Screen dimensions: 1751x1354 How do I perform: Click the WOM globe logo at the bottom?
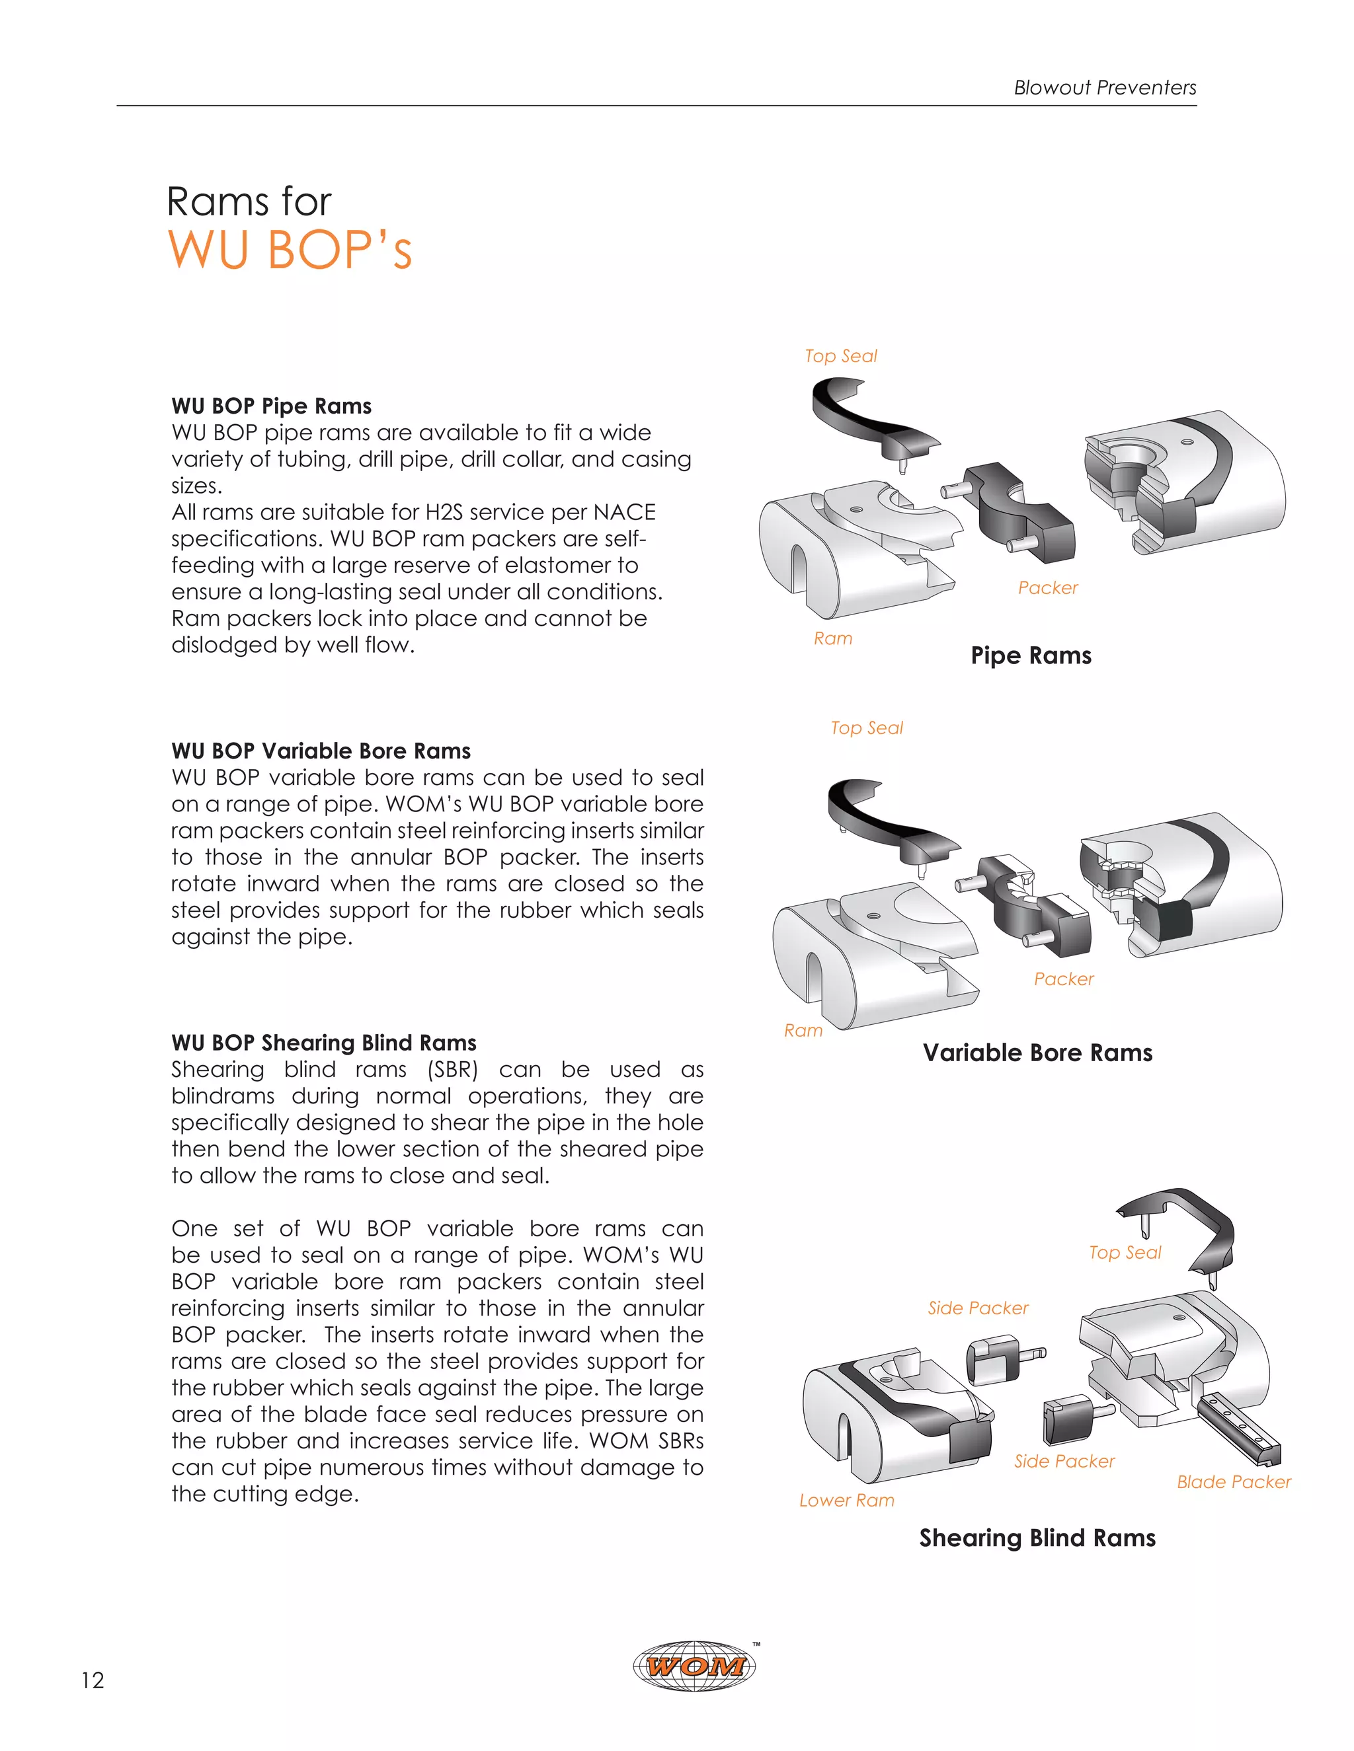coord(695,1666)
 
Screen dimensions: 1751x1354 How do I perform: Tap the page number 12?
coord(93,1680)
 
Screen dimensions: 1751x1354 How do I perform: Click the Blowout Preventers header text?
coord(1105,87)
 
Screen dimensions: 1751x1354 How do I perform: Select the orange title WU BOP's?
coord(290,250)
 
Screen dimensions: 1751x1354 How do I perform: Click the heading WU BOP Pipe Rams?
coord(271,406)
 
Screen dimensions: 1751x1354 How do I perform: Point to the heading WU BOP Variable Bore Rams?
coord(321,751)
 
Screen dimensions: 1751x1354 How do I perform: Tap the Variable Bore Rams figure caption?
coord(1037,1052)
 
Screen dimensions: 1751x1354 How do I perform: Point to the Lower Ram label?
coord(846,1500)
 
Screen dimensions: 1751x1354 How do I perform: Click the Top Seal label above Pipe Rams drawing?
coord(841,356)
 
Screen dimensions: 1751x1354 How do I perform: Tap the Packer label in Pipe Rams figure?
coord(1048,587)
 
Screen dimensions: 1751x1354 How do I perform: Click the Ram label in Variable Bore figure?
coord(803,1030)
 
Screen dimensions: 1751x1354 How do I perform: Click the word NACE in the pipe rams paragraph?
coord(625,511)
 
